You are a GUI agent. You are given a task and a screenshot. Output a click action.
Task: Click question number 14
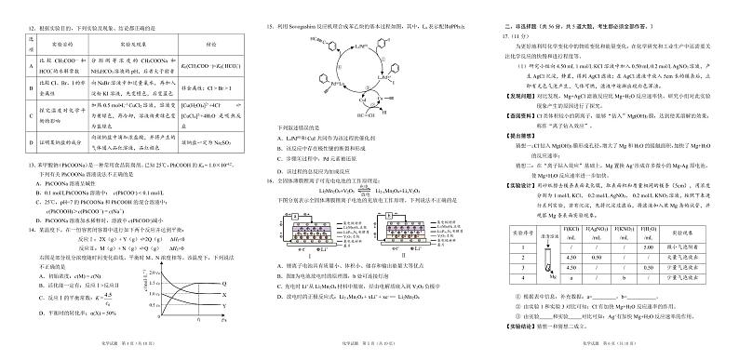pos(21,225)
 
